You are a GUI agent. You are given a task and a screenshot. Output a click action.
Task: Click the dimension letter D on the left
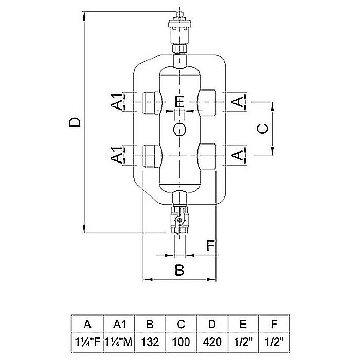point(75,122)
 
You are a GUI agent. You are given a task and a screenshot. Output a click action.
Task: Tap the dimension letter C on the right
point(262,129)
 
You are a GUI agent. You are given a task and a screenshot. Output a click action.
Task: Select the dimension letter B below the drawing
point(179,270)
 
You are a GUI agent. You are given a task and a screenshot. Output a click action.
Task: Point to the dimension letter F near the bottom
point(210,245)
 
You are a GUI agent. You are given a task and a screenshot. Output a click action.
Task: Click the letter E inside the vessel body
point(179,102)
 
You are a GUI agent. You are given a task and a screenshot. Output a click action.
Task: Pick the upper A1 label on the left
point(117,101)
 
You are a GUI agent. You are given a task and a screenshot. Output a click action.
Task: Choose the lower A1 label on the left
point(117,155)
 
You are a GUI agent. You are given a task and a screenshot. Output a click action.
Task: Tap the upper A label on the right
point(238,102)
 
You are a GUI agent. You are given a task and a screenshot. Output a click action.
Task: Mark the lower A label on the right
point(238,155)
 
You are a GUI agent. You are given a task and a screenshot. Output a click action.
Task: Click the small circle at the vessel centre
point(179,130)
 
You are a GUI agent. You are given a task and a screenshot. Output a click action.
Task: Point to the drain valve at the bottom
point(179,220)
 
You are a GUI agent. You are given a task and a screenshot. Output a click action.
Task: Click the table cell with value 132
point(150,343)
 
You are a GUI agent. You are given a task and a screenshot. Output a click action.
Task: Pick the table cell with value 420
point(212,343)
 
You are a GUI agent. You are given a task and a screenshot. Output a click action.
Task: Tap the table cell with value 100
point(181,343)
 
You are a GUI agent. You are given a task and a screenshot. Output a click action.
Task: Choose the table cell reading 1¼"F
point(87,343)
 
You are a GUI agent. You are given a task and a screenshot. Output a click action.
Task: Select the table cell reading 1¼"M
point(119,343)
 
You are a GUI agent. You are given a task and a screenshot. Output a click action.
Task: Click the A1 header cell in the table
point(119,324)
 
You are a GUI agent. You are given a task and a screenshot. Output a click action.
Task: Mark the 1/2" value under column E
point(243,343)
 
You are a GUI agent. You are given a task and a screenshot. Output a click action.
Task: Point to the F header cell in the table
point(274,324)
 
